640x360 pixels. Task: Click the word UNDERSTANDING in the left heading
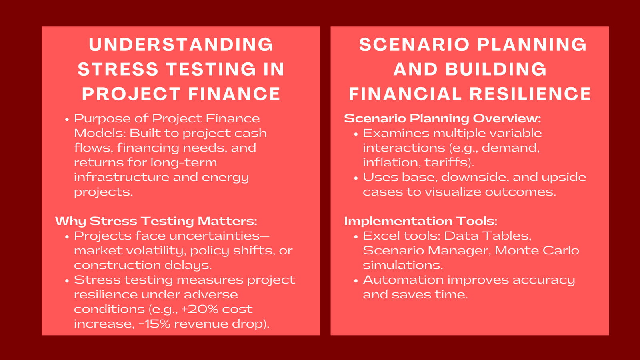tap(181, 44)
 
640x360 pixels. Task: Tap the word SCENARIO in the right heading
tap(414, 44)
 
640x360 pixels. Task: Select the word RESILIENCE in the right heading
tap(530, 94)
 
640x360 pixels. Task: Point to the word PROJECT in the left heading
tap(132, 94)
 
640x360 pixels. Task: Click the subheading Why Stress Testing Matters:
tap(156, 221)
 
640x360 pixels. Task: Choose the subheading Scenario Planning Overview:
tap(442, 118)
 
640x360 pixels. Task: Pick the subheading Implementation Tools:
tap(421, 221)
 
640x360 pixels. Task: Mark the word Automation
tap(403, 280)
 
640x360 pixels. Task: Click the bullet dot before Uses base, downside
tap(356, 178)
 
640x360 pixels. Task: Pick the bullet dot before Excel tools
tap(356, 237)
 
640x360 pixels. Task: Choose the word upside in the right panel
tap(568, 177)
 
